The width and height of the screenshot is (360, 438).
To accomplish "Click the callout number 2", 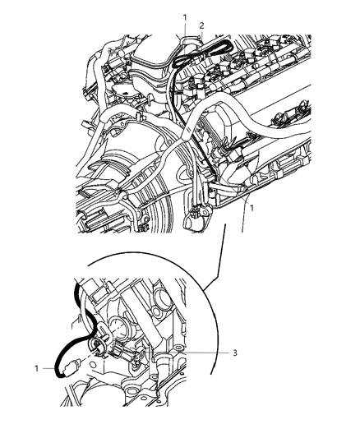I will (201, 25).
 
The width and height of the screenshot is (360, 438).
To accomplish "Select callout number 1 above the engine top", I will (185, 16).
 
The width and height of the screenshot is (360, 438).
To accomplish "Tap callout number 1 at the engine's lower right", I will (252, 210).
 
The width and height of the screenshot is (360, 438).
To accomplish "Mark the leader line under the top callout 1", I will (186, 30).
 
